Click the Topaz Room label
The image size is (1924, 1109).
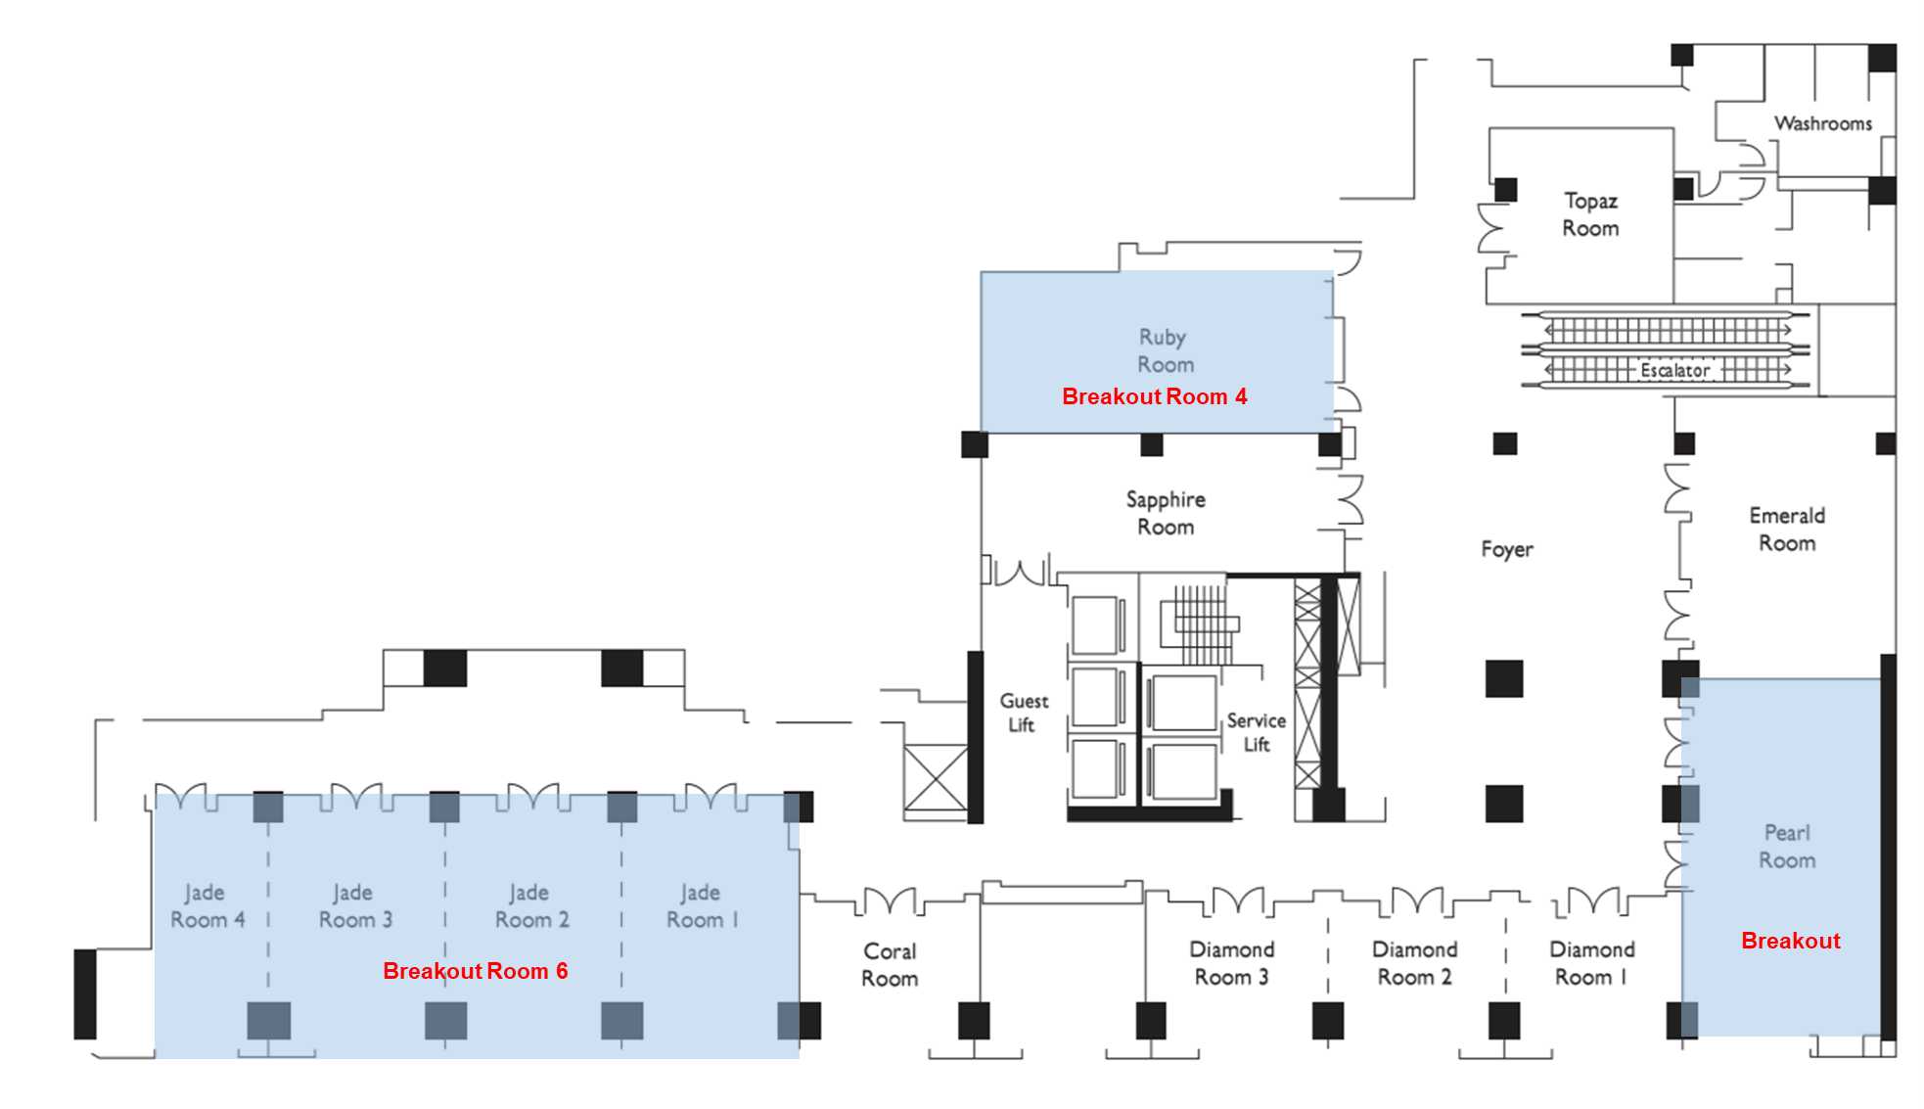pos(1590,214)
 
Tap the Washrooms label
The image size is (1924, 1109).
pos(1822,123)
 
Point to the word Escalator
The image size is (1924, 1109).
pos(1674,370)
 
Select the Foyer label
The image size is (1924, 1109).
pos(1506,549)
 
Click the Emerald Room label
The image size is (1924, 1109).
pos(1787,529)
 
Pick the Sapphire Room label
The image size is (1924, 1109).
pos(1165,513)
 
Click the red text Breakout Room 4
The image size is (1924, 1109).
pos(1154,396)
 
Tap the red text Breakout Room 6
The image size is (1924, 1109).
pos(475,971)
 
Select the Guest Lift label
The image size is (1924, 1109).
pos(1023,713)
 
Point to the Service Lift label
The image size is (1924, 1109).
pos(1256,732)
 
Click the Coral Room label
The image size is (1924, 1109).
pos(890,964)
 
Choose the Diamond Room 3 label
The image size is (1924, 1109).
pos(1231,963)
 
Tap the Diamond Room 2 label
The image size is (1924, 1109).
pos(1414,963)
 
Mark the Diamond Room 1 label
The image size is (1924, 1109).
pos(1591,963)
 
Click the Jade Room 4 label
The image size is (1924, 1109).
pos(206,905)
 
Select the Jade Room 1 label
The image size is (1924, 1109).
pos(702,905)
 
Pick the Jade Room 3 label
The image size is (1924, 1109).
pos(354,905)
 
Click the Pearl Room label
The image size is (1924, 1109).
pos(1787,846)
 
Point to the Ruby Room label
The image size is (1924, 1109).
pos(1165,350)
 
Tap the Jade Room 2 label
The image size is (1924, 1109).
pos(530,905)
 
